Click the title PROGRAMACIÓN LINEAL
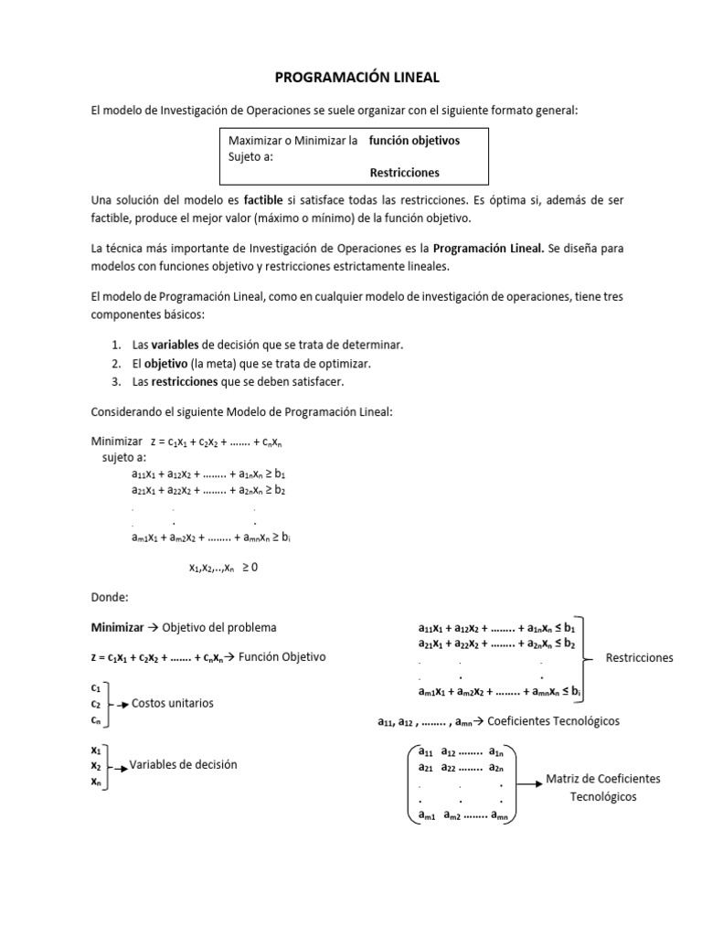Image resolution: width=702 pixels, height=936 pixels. pyautogui.click(x=351, y=79)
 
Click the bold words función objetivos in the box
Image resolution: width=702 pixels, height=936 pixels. pyautogui.click(x=414, y=141)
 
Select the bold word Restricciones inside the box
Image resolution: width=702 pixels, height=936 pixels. pyautogui.click(x=404, y=172)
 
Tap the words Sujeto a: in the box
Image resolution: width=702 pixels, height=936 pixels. pyautogui.click(x=250, y=156)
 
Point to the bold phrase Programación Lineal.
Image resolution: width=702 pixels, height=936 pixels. pyautogui.click(x=488, y=249)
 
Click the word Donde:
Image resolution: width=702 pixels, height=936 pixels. pyautogui.click(x=110, y=597)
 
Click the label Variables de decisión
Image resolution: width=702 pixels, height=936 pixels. pyautogui.click(x=183, y=764)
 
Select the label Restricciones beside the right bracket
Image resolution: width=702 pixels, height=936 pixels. pyautogui.click(x=639, y=657)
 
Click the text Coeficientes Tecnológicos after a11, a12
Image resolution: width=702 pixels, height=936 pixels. pyautogui.click(x=553, y=720)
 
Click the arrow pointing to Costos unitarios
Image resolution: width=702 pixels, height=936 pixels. pyautogui.click(x=121, y=705)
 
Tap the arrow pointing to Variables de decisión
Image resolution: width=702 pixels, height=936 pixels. pyautogui.click(x=119, y=766)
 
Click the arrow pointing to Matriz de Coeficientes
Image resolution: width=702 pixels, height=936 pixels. pyautogui.click(x=527, y=780)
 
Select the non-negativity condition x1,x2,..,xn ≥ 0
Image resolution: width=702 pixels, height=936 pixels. pyautogui.click(x=223, y=567)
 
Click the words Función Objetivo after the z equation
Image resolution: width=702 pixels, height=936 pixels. pyautogui.click(x=282, y=657)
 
